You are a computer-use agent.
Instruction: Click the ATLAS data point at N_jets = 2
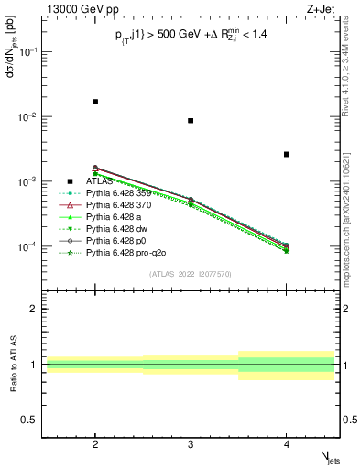tap(95, 102)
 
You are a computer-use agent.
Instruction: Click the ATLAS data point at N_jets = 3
tap(191, 120)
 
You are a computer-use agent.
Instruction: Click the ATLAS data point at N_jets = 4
tap(287, 154)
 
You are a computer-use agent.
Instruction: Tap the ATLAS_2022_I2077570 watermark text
tap(191, 274)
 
